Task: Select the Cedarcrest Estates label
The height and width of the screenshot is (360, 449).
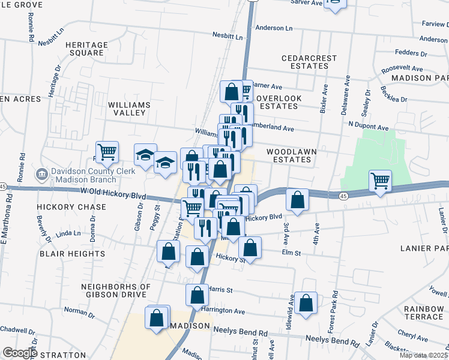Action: [x=306, y=62]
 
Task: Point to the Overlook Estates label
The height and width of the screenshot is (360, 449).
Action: [x=277, y=102]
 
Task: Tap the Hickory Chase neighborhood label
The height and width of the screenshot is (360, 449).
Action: [x=71, y=207]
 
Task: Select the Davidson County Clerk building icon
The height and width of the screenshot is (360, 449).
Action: [x=42, y=175]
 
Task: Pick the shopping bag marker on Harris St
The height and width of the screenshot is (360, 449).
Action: [x=197, y=295]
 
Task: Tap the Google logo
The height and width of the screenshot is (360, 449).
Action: [x=20, y=353]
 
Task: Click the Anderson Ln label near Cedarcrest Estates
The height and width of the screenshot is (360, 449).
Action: [x=274, y=28]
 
